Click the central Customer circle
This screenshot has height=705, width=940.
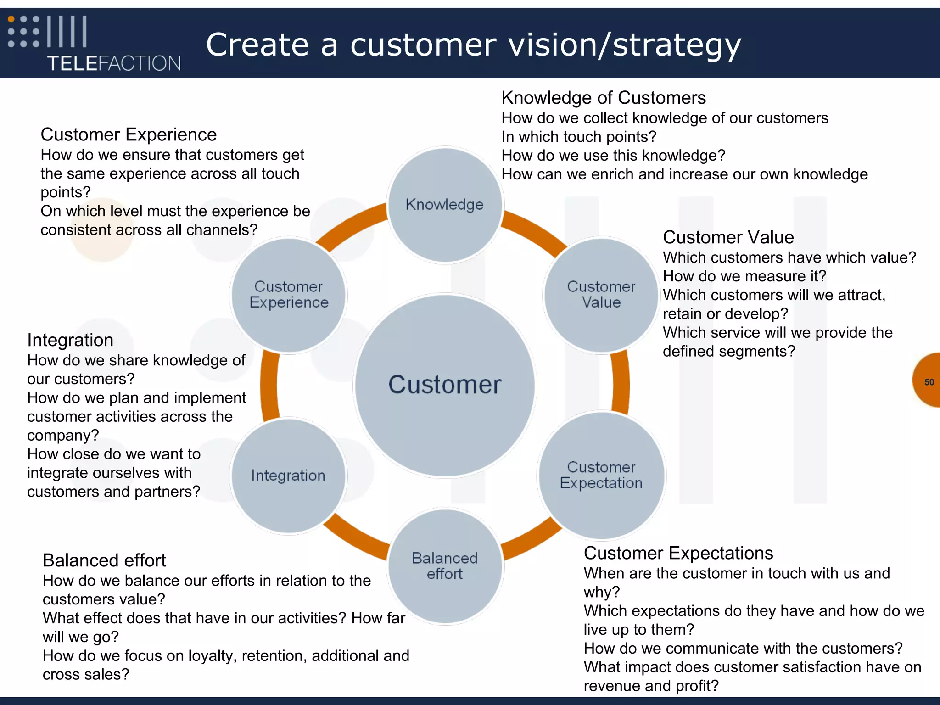pos(445,385)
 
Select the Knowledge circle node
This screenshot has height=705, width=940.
pos(445,205)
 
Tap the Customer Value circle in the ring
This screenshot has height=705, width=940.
pos(601,295)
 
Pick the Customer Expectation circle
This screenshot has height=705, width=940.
pos(601,475)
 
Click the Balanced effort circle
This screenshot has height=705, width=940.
pos(445,566)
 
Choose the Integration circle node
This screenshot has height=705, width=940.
pos(288,476)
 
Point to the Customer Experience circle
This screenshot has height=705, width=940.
pos(288,295)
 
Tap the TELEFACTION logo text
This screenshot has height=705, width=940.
pos(114,63)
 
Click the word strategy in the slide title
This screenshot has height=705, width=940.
pos(677,45)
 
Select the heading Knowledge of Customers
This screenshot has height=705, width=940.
pos(603,98)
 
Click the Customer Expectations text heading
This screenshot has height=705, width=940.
pos(678,553)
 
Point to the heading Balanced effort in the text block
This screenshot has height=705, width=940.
pos(104,560)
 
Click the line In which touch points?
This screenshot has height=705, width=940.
pos(578,137)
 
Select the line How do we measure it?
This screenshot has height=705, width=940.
pos(744,276)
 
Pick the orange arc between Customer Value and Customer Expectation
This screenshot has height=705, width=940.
pos(621,384)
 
